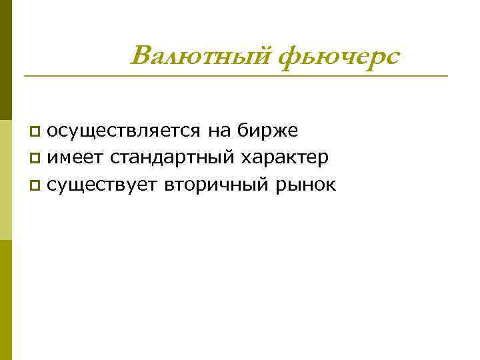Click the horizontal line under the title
235,75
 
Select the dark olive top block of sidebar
6,60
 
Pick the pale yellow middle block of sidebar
6,180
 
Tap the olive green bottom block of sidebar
6,300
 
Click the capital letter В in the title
143,56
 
